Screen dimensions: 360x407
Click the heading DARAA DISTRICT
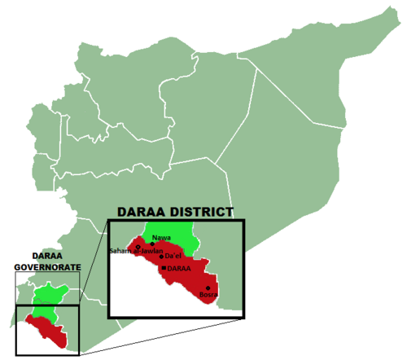[x=175, y=212]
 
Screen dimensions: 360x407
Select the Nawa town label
[x=161, y=237]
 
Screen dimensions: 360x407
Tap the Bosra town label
[x=208, y=295]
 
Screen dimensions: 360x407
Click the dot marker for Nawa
[x=152, y=244]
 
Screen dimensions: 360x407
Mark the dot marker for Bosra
[x=208, y=288]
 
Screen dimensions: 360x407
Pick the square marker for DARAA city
[x=164, y=268]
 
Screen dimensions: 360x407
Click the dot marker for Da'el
[x=161, y=257]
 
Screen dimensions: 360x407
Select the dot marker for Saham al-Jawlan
[x=138, y=246]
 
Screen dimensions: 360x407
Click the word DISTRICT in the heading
[x=199, y=212]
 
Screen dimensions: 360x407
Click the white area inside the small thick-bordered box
[x=28, y=342]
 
